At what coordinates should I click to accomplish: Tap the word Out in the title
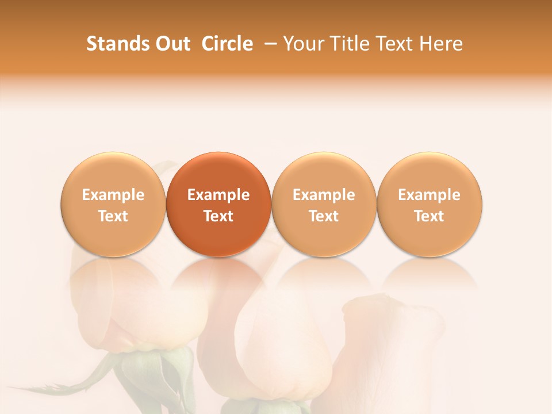tap(171, 44)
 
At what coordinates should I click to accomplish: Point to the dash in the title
tap(269, 44)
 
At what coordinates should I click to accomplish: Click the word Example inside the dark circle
tap(218, 195)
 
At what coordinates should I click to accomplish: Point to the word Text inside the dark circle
tap(218, 216)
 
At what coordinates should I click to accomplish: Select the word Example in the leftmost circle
tap(113, 195)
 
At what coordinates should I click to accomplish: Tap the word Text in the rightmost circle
tap(430, 216)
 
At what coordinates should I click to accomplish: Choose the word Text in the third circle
tap(324, 216)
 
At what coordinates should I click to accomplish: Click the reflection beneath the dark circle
tap(218, 273)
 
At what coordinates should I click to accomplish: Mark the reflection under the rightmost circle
tap(430, 273)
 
